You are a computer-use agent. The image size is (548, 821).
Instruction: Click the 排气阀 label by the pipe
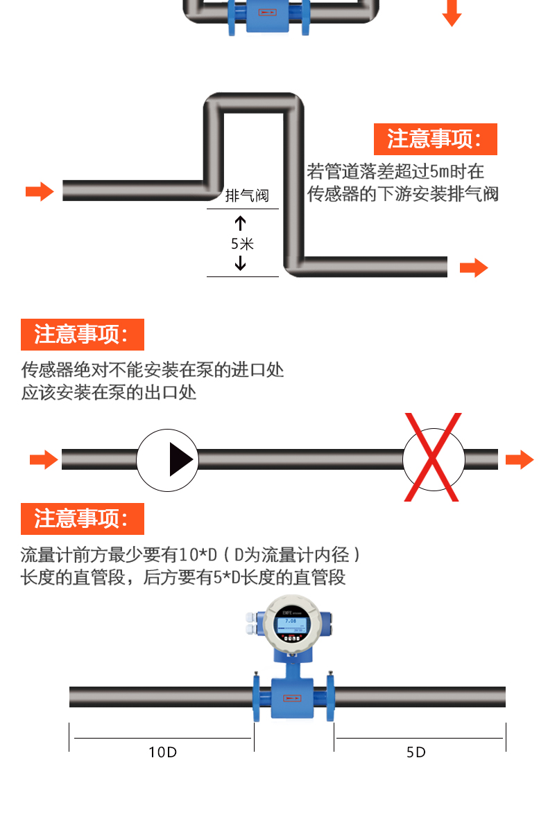pos(247,195)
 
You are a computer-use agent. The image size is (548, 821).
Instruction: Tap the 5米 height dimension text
pos(242,243)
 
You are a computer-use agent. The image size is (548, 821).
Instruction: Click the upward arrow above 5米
pos(241,222)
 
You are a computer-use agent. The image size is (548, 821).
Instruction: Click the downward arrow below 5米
pos(241,263)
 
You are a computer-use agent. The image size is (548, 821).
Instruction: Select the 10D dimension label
pos(162,752)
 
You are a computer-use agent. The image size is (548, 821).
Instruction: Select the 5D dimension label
pos(416,752)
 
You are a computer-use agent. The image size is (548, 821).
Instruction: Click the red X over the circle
pos(434,457)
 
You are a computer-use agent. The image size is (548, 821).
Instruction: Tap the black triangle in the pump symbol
pos(180,459)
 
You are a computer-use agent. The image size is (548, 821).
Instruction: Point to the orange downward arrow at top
pos(452,13)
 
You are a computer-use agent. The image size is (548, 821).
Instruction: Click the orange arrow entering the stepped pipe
pos(40,191)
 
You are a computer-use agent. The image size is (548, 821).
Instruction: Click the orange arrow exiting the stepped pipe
pos(474,268)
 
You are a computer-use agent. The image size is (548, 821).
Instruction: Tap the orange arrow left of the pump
pos(44,459)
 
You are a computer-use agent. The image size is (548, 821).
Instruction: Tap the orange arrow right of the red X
pos(520,459)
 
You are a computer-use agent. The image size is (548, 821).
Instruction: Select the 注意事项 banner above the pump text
pos(83,335)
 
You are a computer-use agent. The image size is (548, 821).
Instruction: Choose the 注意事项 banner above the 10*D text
pos(83,518)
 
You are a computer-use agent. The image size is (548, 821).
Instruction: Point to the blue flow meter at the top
pos(271,17)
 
